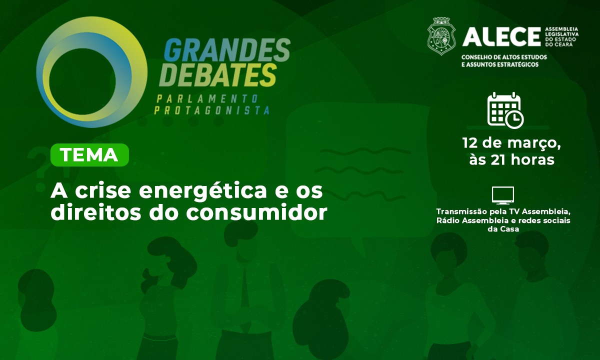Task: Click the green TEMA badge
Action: [x=90, y=155]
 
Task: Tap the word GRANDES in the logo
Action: [x=227, y=50]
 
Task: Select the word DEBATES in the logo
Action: [x=220, y=74]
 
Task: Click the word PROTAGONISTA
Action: [x=211, y=110]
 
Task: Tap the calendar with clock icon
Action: [x=505, y=109]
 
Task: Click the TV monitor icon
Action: [x=502, y=195]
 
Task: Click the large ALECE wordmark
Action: [x=501, y=36]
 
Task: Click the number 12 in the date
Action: [x=471, y=143]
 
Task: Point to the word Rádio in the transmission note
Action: [x=448, y=220]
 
